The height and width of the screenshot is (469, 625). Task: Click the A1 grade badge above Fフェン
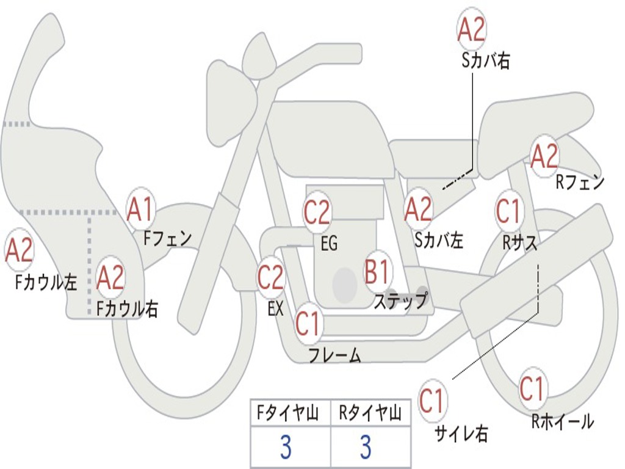click(141, 208)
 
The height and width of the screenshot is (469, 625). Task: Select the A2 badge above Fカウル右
click(110, 277)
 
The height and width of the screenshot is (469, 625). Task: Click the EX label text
click(275, 308)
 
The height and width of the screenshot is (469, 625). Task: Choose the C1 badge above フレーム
click(308, 323)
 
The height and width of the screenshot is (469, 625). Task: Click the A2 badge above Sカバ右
click(471, 29)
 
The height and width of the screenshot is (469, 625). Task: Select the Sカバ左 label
click(438, 240)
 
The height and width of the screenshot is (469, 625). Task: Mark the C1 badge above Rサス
click(508, 211)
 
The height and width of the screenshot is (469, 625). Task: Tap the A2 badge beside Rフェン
click(544, 156)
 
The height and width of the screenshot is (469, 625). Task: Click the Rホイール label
click(562, 421)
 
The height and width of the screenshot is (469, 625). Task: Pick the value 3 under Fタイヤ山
click(286, 448)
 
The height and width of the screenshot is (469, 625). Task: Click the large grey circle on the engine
click(345, 285)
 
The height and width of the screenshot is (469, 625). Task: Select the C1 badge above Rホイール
click(532, 388)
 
